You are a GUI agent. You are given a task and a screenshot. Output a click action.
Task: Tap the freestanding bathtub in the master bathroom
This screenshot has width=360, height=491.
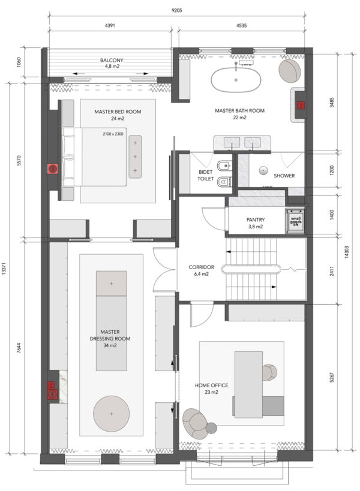click(236, 80)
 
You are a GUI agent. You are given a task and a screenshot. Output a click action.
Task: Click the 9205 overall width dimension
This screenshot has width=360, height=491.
click(177, 10)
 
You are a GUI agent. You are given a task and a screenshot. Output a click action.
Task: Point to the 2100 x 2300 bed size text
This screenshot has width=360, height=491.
click(113, 134)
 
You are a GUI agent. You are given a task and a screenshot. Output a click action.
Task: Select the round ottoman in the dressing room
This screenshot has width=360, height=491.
click(111, 413)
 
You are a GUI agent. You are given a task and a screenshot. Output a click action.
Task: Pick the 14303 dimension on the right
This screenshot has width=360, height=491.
click(346, 252)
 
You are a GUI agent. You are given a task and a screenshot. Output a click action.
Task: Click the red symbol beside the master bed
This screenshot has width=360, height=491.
click(53, 169)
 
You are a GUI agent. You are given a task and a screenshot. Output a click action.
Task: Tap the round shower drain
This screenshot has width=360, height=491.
click(263, 171)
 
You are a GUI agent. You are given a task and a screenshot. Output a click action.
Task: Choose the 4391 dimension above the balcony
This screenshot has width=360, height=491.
click(110, 25)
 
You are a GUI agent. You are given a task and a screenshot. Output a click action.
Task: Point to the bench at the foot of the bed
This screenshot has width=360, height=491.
click(135, 156)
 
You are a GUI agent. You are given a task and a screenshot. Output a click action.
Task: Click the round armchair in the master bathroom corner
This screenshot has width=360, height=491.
click(290, 71)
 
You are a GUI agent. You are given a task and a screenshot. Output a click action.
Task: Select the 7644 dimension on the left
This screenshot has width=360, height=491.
click(19, 348)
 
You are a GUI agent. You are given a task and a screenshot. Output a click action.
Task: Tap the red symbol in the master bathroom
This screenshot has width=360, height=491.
click(301, 105)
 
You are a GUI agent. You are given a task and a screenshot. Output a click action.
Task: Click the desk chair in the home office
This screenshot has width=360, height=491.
click(269, 372)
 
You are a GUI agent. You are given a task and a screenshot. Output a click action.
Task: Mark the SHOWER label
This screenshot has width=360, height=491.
click(284, 176)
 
